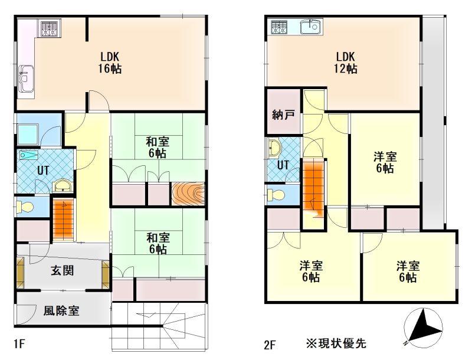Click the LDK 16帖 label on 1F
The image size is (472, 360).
110,63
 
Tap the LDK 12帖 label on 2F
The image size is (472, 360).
346,63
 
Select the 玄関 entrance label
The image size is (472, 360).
63,271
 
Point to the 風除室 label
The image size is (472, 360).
61,311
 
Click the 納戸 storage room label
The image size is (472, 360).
283,114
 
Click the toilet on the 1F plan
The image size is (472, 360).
25,207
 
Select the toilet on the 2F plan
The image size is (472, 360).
276,195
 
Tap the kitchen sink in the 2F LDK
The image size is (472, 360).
311,27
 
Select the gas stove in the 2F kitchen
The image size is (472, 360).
279,27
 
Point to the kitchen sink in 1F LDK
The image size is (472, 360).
26,79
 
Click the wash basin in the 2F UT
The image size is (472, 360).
274,149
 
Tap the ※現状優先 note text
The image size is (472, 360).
336,343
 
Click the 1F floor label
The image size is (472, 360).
19,343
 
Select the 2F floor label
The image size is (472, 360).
270,345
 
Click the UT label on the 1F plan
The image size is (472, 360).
43,171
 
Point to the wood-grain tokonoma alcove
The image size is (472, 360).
188,194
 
